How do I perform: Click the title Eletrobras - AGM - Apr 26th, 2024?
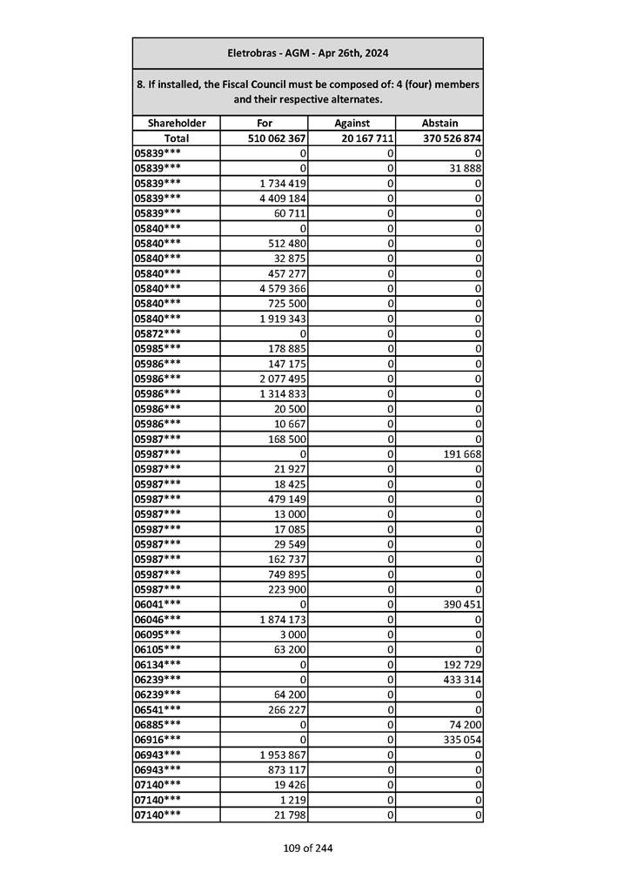(307, 53)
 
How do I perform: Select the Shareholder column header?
(176, 124)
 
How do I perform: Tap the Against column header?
(352, 124)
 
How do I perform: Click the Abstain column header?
(439, 124)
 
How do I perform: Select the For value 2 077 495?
(281, 379)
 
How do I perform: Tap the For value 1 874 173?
(281, 619)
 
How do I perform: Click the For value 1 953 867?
(281, 755)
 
